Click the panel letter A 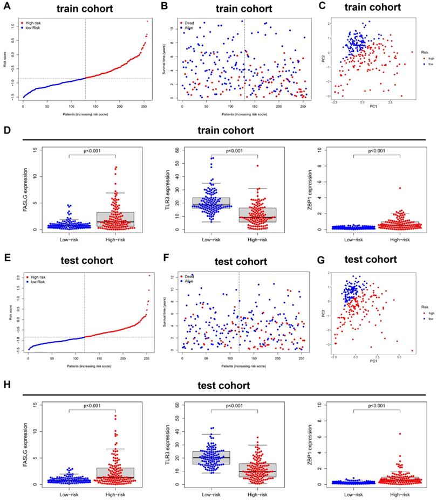(7, 7)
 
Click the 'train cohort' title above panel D (226, 131)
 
